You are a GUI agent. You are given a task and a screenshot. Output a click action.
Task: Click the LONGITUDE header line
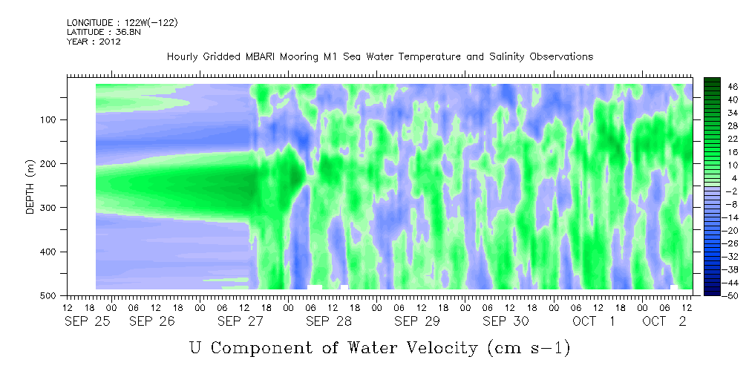point(122,23)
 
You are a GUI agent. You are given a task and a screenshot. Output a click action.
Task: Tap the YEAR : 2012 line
point(94,42)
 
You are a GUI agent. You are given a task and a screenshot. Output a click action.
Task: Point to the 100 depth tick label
point(50,119)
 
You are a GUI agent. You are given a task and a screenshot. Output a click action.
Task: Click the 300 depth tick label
point(50,207)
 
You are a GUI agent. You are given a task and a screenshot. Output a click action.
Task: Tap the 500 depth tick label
point(50,295)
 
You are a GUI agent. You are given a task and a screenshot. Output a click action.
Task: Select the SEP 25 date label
point(88,321)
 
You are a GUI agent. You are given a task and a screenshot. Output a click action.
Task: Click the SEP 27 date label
point(241,321)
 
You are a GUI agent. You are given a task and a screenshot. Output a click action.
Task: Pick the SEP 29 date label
point(417,321)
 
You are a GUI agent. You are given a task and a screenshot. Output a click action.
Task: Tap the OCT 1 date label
point(594,321)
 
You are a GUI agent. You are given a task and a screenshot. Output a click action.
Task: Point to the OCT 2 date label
point(664,321)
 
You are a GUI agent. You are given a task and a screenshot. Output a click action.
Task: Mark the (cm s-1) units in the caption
point(529,348)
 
